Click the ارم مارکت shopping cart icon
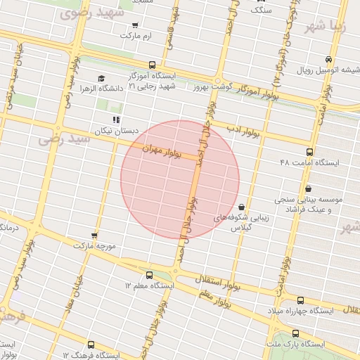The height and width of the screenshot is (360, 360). coord(134,25)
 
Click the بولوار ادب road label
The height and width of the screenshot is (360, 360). coord(243,131)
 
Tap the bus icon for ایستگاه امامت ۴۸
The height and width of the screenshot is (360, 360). coord(309,152)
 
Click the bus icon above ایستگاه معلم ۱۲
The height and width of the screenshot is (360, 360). coord(150,275)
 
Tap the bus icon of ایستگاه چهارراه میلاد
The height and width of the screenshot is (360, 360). coord(301,300)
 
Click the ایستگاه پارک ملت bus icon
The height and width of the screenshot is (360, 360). coord(294,334)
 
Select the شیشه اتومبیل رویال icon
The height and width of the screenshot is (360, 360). coord(329,60)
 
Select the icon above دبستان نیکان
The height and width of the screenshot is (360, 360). coord(116,120)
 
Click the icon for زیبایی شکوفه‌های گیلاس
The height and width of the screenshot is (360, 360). coord(242,207)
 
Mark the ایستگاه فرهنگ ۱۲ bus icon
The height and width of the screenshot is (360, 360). coord(91,345)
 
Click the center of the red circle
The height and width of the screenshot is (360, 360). coord(180,179)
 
